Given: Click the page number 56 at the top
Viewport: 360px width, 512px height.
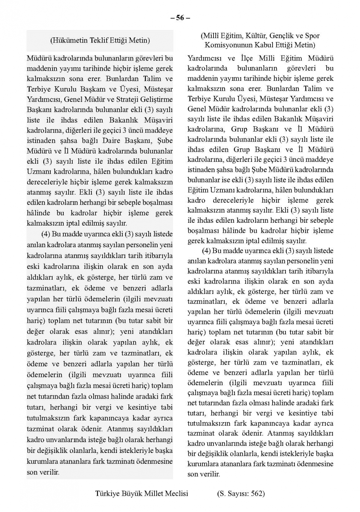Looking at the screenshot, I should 180,18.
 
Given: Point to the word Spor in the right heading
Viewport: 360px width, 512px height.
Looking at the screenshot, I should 312,36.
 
